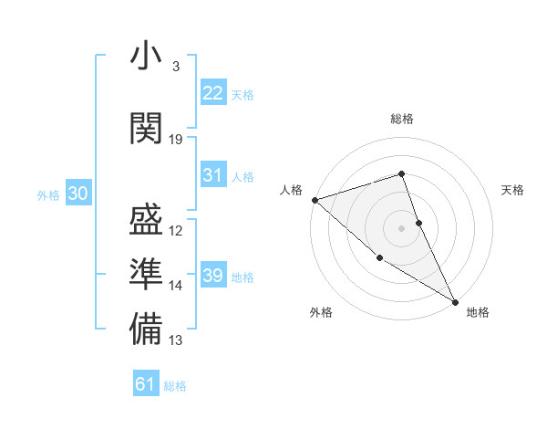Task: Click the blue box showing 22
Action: tap(213, 93)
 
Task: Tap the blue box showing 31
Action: tap(213, 175)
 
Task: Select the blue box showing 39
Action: tap(213, 276)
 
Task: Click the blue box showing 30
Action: tap(77, 194)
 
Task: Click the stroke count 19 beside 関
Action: tap(176, 140)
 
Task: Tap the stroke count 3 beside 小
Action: tap(176, 66)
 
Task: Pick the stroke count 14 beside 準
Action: tap(176, 286)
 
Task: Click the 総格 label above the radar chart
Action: tap(402, 119)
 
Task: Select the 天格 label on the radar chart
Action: tap(513, 190)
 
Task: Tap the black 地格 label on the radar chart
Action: tap(478, 312)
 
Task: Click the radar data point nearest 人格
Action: tap(314, 200)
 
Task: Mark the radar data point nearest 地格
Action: tap(455, 301)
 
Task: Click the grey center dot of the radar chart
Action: tap(401, 228)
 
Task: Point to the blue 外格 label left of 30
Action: tap(48, 194)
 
